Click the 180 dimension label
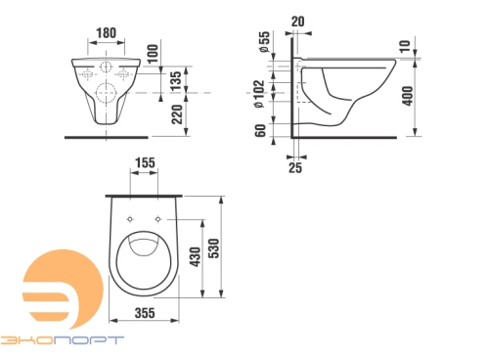(105, 31)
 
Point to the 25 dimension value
(296, 168)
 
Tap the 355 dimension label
(144, 314)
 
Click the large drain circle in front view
(106, 95)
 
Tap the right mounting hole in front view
(124, 71)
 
